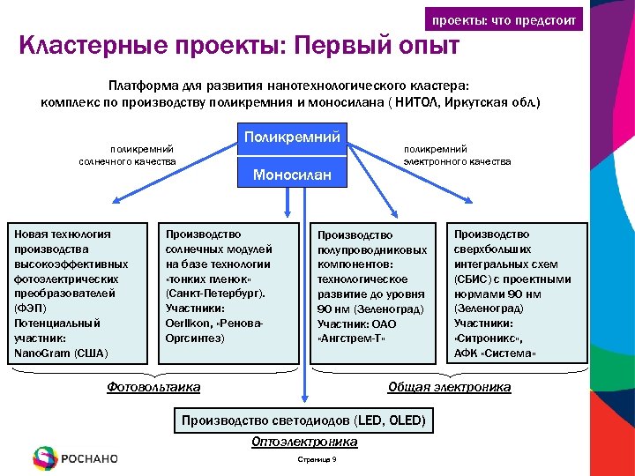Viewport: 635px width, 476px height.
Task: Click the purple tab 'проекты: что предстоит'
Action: pos(503,19)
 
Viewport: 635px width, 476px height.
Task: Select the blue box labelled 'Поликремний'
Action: pos(291,138)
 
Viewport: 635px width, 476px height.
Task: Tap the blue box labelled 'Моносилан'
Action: pos(291,175)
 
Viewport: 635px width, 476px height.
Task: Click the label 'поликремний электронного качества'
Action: pos(457,155)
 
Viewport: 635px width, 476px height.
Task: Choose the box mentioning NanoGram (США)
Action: pos(77,294)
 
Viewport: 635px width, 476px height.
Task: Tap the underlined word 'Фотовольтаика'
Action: pos(153,386)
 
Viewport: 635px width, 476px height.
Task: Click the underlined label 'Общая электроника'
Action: pos(449,386)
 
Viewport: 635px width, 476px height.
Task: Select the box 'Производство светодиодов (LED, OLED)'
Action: pos(303,420)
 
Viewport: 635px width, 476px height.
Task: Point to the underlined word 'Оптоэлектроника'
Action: pos(303,442)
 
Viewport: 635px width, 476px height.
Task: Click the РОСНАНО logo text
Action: pos(89,458)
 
